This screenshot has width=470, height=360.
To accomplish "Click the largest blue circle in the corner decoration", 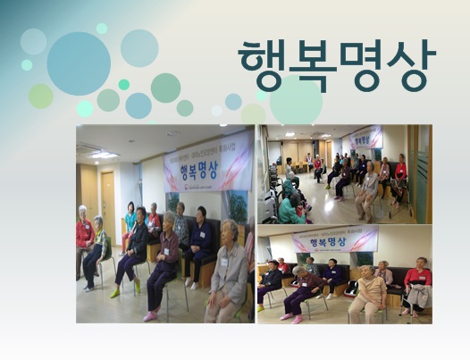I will [x=79, y=63].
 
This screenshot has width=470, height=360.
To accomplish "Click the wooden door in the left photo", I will [x=108, y=206].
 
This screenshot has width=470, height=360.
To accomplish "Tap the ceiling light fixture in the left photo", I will [x=104, y=154].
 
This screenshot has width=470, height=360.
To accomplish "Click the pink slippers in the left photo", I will [x=150, y=314].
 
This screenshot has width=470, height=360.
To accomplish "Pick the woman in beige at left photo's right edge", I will [x=228, y=277].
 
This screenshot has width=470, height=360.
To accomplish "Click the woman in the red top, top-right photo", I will [x=400, y=172].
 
